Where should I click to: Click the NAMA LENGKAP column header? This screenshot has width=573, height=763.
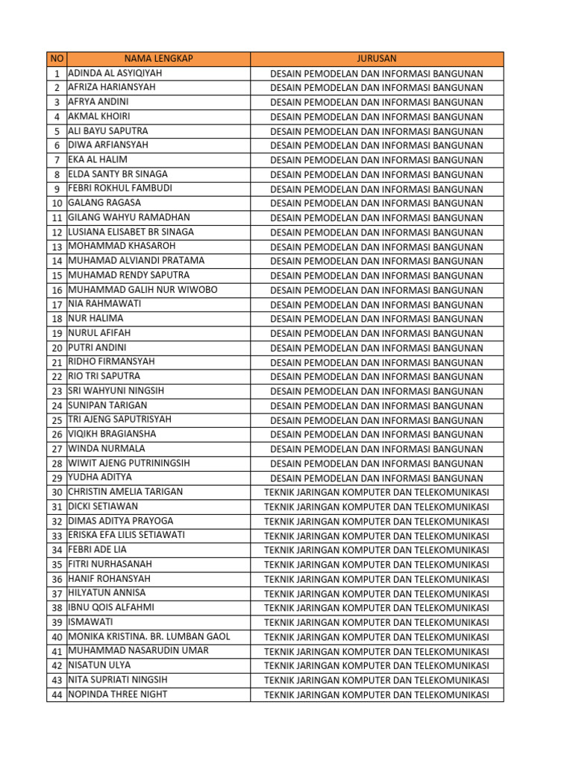(158, 59)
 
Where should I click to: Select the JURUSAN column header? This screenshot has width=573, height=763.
(377, 59)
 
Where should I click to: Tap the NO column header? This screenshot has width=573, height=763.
(57, 59)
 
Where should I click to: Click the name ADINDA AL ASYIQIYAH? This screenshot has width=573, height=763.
(115, 73)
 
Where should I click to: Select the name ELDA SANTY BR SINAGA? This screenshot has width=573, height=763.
(118, 174)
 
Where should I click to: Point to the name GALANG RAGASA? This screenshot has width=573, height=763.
(104, 203)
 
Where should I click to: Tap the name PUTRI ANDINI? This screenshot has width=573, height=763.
(98, 348)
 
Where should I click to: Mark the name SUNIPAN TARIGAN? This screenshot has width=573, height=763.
(108, 406)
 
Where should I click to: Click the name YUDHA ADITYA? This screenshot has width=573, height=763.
(100, 478)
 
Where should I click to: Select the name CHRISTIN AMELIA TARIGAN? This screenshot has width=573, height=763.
(125, 492)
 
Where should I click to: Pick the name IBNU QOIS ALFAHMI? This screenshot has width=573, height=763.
(111, 608)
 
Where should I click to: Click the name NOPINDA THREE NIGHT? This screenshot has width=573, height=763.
(118, 694)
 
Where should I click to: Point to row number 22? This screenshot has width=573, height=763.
(57, 377)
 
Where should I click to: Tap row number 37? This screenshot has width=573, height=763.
(57, 594)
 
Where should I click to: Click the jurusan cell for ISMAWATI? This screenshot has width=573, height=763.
(377, 623)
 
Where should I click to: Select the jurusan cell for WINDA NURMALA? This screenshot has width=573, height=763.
(377, 449)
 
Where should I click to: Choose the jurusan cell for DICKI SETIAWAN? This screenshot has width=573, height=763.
(377, 507)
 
